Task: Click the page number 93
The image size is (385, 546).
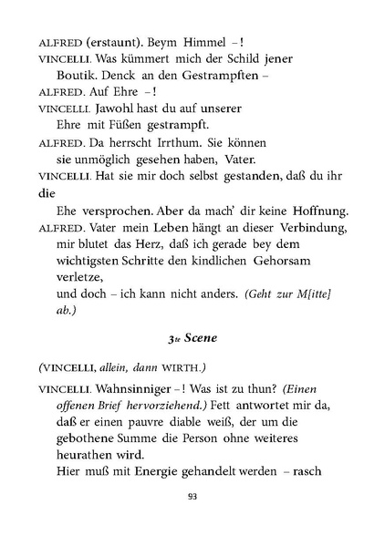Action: pyautogui.click(x=192, y=496)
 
